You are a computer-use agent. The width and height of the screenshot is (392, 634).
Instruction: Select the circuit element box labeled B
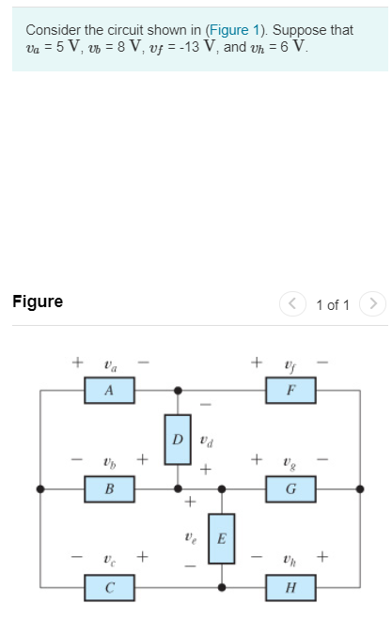point(109,488)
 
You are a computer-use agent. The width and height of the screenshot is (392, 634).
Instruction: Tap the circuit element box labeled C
point(109,588)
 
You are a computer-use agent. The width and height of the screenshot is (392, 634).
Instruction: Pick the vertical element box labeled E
point(222,538)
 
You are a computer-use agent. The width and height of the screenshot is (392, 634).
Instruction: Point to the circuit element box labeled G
point(290,488)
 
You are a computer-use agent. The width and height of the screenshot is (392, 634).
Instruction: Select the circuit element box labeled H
point(290,588)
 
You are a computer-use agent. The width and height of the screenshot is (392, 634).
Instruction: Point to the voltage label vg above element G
point(290,460)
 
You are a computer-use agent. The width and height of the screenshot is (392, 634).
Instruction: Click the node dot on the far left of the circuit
point(39,489)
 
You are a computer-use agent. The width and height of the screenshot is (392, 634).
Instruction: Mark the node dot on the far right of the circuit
point(360,489)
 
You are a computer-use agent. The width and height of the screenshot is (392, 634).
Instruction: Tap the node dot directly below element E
point(222,588)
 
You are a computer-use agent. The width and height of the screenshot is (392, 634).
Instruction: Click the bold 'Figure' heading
point(38,302)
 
